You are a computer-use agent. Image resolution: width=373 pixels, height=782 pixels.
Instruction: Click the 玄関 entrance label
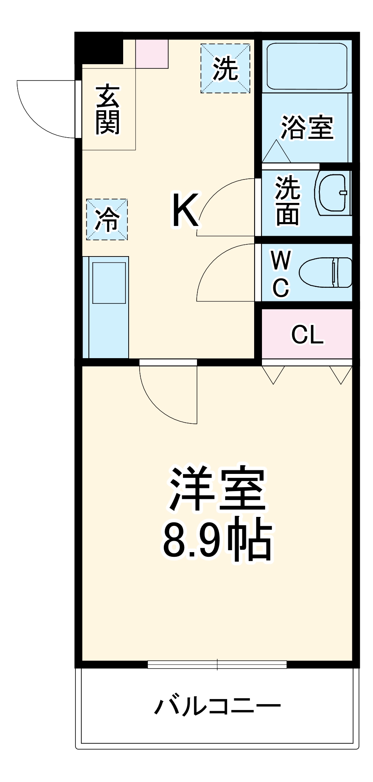click(108, 110)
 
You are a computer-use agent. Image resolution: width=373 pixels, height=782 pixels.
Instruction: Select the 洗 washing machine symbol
click(225, 69)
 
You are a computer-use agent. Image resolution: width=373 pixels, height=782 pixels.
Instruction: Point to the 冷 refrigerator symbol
click(107, 219)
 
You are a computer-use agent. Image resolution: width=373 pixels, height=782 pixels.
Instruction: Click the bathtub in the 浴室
click(307, 66)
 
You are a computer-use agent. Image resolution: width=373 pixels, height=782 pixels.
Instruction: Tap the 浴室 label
click(307, 127)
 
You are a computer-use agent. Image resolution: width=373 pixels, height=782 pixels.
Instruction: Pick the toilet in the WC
click(325, 272)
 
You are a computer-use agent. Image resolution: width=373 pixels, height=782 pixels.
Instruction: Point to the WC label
click(281, 274)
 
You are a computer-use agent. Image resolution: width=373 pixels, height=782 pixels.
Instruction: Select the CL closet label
click(307, 335)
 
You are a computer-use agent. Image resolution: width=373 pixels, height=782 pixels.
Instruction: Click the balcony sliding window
click(217, 664)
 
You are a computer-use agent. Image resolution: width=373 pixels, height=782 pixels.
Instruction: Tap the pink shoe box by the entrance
click(152, 54)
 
